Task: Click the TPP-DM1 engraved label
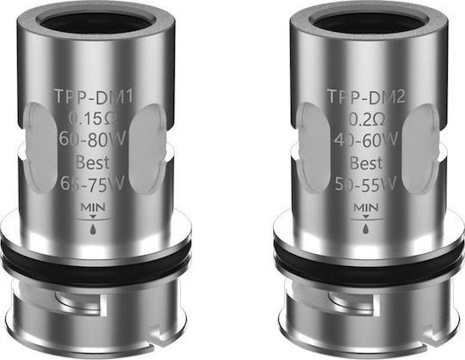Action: [93, 96]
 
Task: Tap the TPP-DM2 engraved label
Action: [366, 96]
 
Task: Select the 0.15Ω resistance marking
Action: [93, 119]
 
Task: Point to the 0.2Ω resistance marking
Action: [367, 119]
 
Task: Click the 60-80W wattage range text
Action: [92, 139]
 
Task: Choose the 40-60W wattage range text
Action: [366, 139]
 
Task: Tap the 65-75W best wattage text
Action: [92, 183]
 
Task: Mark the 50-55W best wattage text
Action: [366, 183]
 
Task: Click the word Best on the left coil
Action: [92, 162]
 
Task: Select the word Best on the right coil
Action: [366, 163]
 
